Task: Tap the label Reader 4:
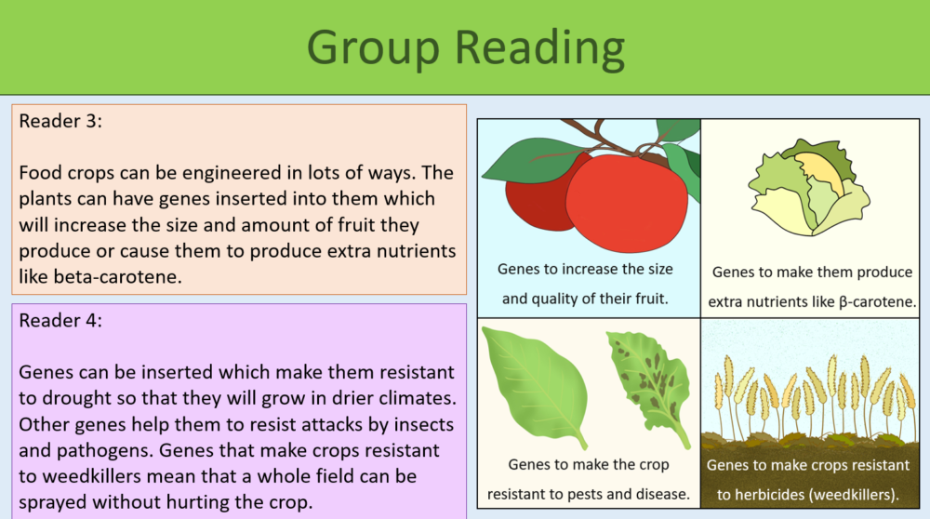61,320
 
